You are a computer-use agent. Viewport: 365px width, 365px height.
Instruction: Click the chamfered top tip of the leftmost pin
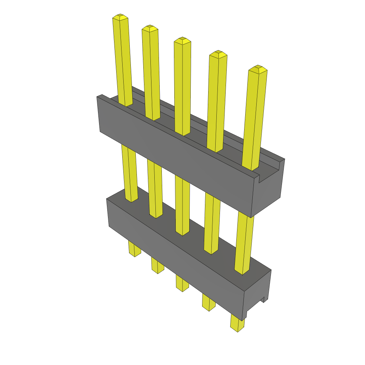120,17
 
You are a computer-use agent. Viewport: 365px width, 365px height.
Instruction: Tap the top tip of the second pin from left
150,28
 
